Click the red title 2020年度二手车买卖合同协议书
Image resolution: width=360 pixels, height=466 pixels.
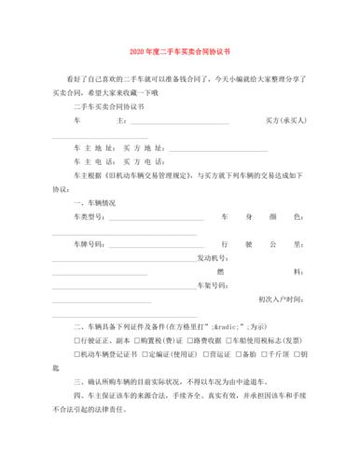180,52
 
